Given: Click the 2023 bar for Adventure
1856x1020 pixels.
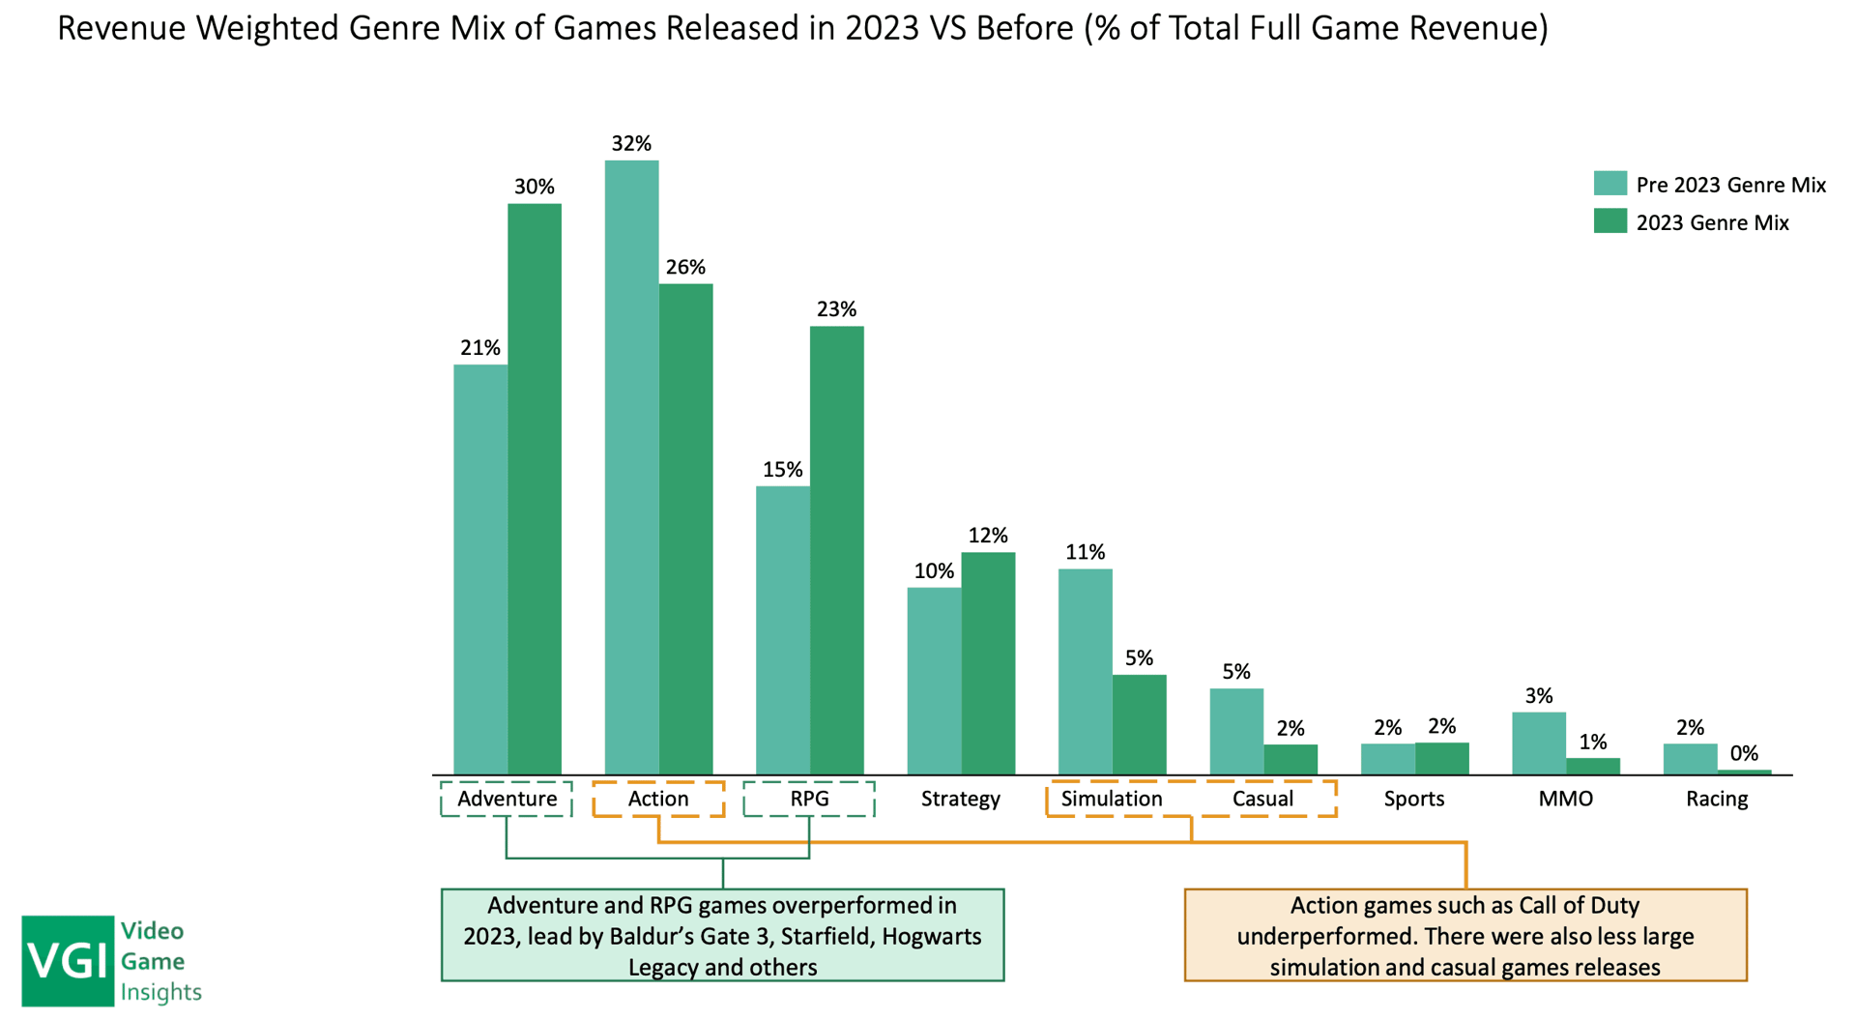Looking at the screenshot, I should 535,488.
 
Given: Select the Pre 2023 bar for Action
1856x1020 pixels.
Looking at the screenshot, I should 631,467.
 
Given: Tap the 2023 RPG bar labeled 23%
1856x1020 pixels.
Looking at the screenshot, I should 837,549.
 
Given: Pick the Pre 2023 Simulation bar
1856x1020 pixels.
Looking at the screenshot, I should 1085,671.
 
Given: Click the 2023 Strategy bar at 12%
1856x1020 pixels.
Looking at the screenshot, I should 988,663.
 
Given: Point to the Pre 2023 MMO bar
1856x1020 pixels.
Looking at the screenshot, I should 1538,743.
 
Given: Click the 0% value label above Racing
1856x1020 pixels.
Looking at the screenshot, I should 1744,753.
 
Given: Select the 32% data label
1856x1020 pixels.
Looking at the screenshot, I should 631,144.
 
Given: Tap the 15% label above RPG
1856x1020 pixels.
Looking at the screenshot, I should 782,470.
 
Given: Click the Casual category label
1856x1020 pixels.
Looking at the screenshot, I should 1262,799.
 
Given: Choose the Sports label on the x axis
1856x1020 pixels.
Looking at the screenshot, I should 1413,799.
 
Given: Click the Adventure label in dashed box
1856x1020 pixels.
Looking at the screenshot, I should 507,799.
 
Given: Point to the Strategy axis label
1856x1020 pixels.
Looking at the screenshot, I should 960,799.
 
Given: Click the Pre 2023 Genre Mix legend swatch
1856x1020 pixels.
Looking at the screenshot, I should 1609,184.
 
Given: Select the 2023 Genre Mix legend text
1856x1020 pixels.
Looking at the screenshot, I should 1712,222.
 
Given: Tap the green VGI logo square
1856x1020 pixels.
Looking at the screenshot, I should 67,960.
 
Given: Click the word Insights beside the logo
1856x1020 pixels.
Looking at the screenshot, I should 160,992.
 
